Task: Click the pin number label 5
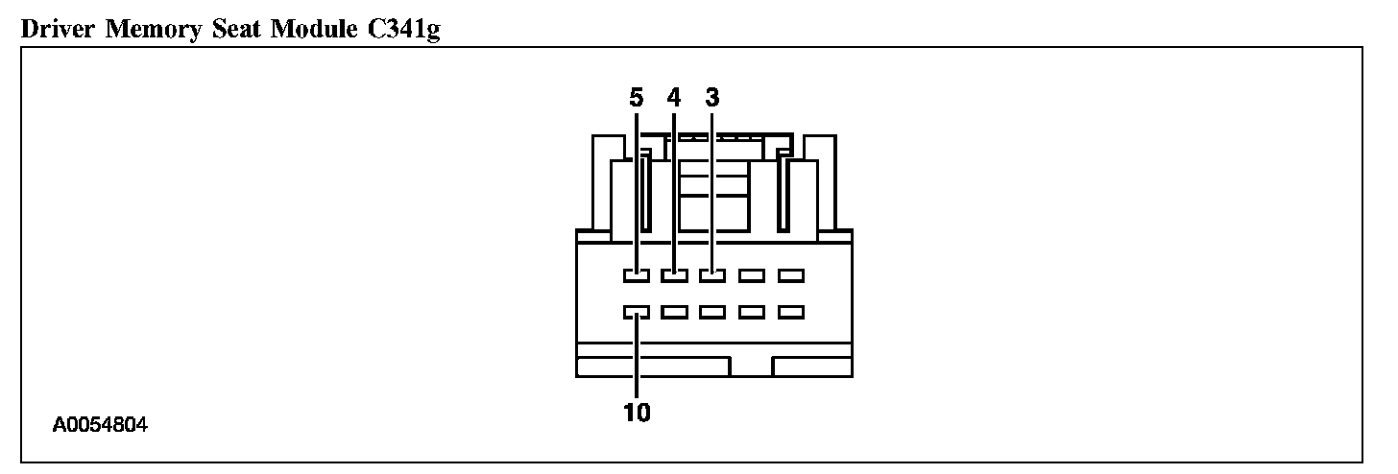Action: point(636,98)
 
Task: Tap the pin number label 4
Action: point(674,98)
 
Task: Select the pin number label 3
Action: point(711,98)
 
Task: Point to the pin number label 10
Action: point(637,413)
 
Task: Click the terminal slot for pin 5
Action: point(636,276)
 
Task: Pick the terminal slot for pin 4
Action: point(674,276)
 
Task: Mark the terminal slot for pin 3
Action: point(712,276)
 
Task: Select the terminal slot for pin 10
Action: point(636,312)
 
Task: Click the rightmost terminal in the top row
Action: point(790,276)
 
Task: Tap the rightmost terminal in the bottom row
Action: point(790,312)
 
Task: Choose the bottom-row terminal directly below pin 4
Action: point(674,312)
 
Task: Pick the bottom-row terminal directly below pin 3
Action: point(712,312)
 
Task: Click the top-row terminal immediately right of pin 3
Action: point(752,276)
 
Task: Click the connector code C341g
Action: point(399,31)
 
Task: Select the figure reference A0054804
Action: point(101,424)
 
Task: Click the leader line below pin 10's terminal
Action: point(637,360)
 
